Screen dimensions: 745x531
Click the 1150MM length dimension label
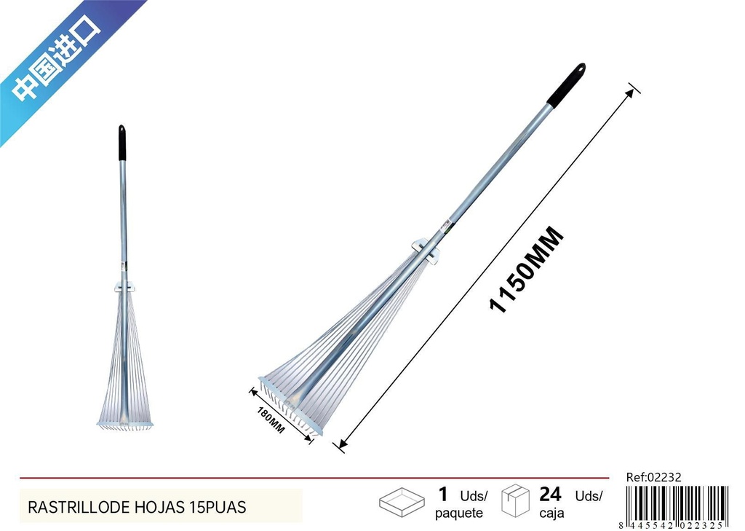[x=527, y=270]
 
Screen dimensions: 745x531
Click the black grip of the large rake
[x=566, y=84]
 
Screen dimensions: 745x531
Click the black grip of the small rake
[x=122, y=143]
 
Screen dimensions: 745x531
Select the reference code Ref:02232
[x=653, y=477]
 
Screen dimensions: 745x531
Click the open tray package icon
[x=402, y=502]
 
